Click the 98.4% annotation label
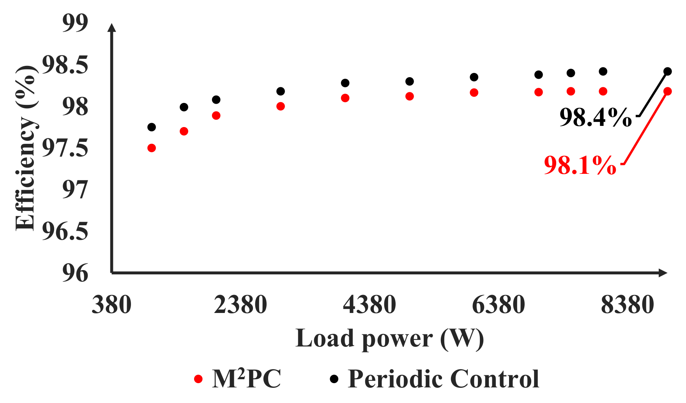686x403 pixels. [595, 117]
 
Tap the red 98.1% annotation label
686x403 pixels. [580, 165]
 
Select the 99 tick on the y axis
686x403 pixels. [76, 23]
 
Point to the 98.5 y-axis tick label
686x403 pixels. [65, 65]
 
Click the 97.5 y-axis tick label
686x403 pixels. [65, 148]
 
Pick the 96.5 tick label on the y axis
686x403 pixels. [65, 232]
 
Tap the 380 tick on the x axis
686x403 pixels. [111, 305]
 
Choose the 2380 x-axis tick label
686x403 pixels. [240, 305]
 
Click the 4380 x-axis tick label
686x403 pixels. [369, 305]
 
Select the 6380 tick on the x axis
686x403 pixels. [498, 305]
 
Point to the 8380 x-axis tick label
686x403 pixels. [627, 305]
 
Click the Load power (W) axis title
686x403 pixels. [389, 338]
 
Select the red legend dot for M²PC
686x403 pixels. [198, 379]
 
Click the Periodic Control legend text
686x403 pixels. [443, 379]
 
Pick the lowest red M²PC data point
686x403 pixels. [152, 148]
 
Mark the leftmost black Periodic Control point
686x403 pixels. [152, 127]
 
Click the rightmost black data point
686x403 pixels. [668, 71]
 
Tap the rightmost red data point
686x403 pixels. [668, 91]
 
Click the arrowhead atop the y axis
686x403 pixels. [112, 27]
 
